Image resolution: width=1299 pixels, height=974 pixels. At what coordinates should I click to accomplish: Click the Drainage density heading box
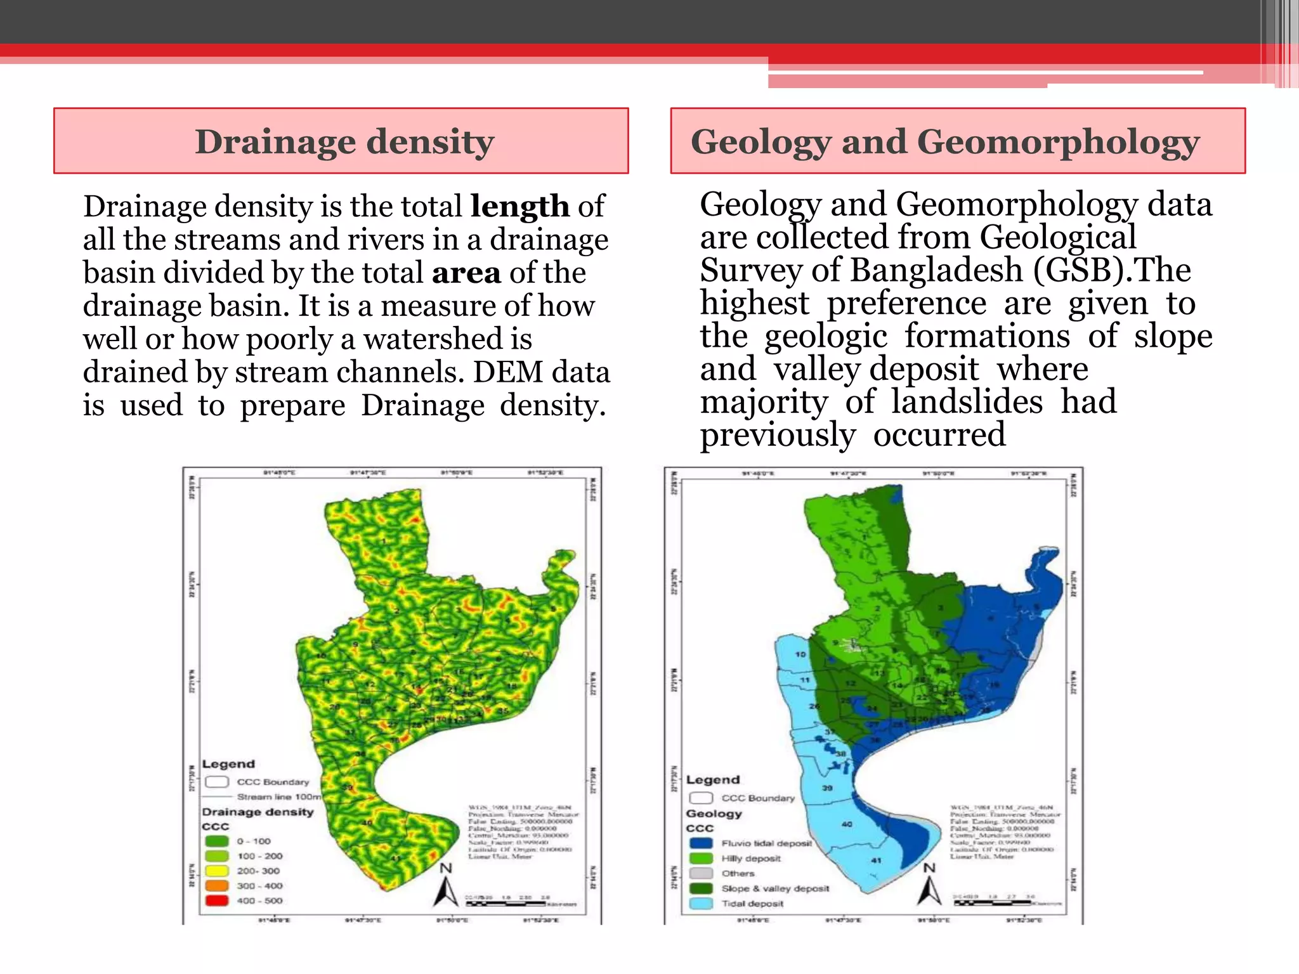coord(341,141)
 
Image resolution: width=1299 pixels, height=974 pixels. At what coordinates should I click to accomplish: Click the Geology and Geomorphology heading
coord(945,141)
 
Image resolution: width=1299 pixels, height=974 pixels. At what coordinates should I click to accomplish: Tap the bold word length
coord(519,207)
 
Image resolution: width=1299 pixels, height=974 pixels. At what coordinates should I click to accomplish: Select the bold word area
coord(466,273)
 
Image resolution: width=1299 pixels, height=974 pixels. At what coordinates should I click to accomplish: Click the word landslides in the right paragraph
coord(967,402)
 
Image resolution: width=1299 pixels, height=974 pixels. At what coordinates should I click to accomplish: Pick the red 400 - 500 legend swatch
coord(217,900)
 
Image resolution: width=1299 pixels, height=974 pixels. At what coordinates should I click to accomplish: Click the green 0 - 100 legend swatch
coord(217,841)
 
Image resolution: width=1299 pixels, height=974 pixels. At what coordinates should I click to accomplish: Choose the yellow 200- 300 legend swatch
coord(217,871)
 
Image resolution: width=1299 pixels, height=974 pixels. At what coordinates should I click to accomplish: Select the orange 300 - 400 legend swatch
coord(217,886)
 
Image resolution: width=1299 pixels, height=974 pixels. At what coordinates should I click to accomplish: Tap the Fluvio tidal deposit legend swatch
coord(701,843)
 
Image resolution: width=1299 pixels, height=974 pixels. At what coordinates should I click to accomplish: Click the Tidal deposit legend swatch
coord(701,904)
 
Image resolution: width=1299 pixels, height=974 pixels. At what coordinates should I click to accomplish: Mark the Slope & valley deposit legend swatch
coord(701,888)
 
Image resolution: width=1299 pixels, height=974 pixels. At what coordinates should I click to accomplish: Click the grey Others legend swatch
coord(701,873)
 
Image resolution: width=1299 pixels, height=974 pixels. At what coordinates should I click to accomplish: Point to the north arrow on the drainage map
coord(446,886)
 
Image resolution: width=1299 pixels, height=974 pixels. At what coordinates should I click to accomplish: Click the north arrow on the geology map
coord(929,886)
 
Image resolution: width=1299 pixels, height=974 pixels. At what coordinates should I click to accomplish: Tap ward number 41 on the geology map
coord(876,860)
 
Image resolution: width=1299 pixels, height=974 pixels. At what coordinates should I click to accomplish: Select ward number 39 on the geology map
coord(827,788)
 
